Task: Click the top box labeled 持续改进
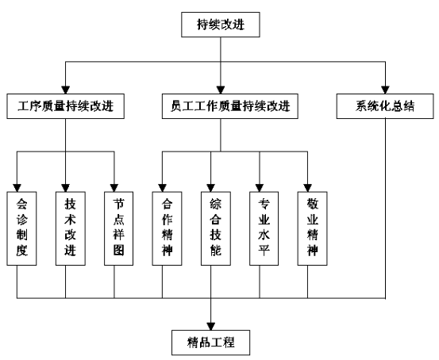[x=221, y=25]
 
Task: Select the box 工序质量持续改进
[x=66, y=106]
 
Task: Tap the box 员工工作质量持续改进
[x=230, y=106]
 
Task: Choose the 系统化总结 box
[x=385, y=106]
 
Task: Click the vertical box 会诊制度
[x=21, y=228]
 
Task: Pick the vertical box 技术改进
[x=71, y=228]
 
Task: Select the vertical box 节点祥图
[x=119, y=228]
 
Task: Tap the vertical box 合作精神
[x=167, y=228]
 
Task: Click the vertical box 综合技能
[x=216, y=228]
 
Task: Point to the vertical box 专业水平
[x=264, y=228]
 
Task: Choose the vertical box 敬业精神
[x=312, y=228]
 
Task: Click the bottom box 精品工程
[x=210, y=343]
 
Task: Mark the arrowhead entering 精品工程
[x=211, y=327]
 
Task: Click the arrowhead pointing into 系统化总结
[x=385, y=90]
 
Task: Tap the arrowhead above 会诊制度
[x=17, y=188]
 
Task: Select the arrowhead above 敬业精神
[x=308, y=188]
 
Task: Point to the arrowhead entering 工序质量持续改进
[x=66, y=90]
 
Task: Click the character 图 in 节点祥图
[x=119, y=250]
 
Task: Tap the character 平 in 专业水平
[x=264, y=250]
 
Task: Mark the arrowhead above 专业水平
[x=260, y=188]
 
